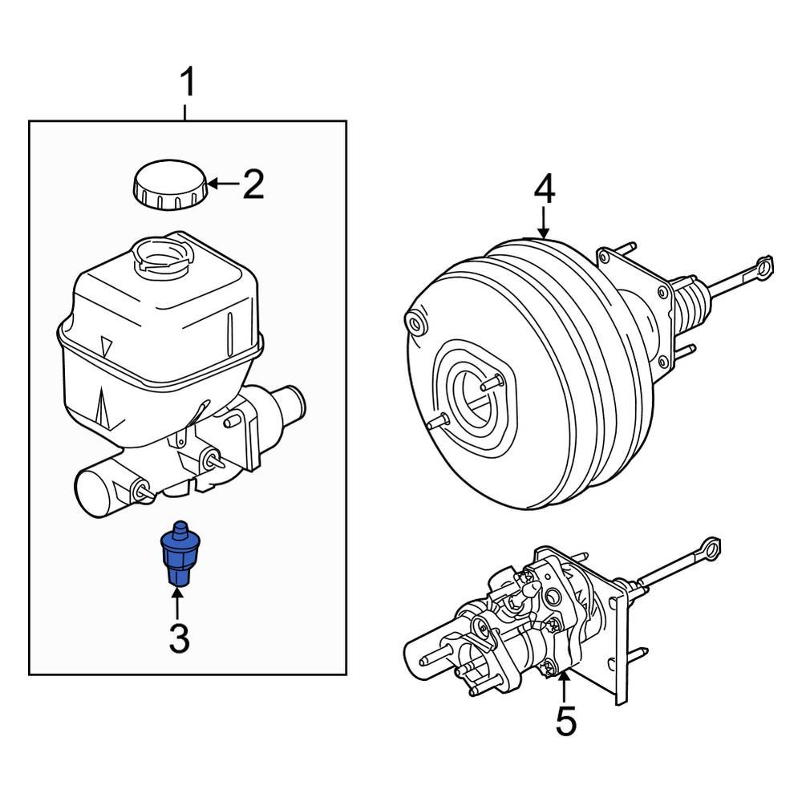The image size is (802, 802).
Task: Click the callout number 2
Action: tap(253, 184)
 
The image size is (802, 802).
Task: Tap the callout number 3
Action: tap(178, 638)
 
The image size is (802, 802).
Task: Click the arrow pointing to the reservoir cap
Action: tap(222, 184)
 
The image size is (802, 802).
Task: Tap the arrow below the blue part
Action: tap(178, 606)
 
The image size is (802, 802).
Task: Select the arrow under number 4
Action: tap(544, 222)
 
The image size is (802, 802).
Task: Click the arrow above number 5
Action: tap(565, 688)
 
